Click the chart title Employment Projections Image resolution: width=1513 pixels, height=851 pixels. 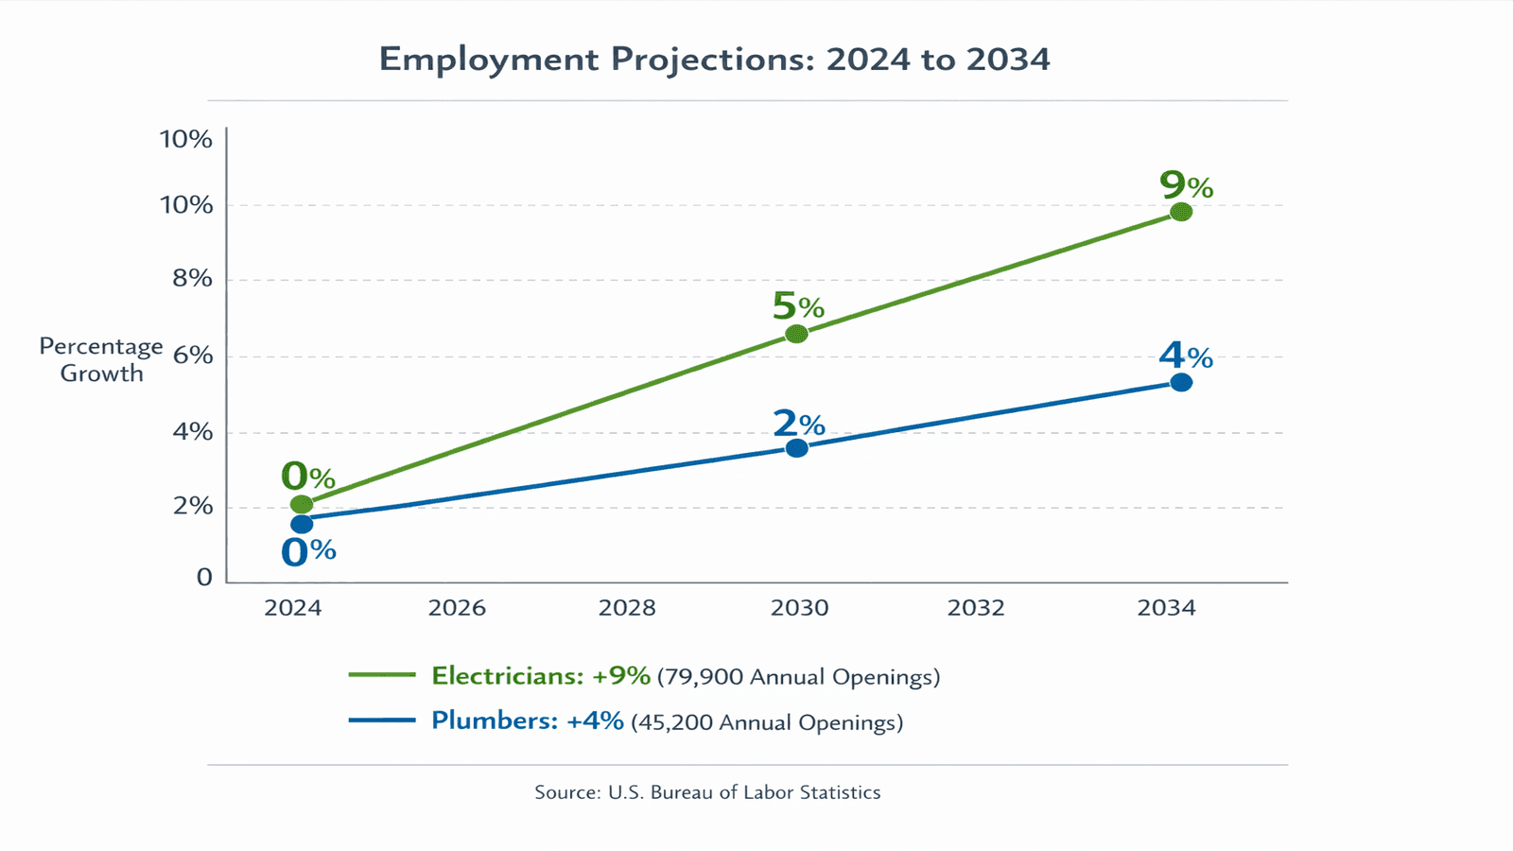(x=714, y=60)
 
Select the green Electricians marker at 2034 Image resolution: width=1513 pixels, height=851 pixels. (x=1180, y=212)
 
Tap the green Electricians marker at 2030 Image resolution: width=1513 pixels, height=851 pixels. (x=796, y=334)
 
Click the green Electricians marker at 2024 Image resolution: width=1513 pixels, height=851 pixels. (x=301, y=504)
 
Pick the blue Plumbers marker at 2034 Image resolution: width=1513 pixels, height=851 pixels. (x=1180, y=382)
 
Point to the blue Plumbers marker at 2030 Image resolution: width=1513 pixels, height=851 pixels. (x=796, y=448)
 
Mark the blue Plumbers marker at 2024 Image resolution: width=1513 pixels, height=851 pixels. (x=301, y=524)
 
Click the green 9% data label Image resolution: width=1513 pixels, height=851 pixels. (x=1186, y=185)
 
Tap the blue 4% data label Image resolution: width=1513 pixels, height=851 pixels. (x=1185, y=356)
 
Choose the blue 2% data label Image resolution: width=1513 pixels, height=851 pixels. (x=798, y=424)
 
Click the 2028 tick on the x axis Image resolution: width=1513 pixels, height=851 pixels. (x=627, y=608)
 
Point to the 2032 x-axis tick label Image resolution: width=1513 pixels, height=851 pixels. (x=976, y=608)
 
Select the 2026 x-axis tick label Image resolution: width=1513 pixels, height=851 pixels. (x=457, y=608)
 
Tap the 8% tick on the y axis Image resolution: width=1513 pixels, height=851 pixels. (x=193, y=278)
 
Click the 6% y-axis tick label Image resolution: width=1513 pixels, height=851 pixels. (x=193, y=356)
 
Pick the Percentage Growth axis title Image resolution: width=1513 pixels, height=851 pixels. (x=101, y=360)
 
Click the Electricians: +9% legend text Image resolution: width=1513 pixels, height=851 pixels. (x=541, y=676)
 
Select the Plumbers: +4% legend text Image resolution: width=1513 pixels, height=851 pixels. (x=528, y=721)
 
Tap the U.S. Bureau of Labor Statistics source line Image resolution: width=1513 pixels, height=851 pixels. (x=707, y=792)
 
